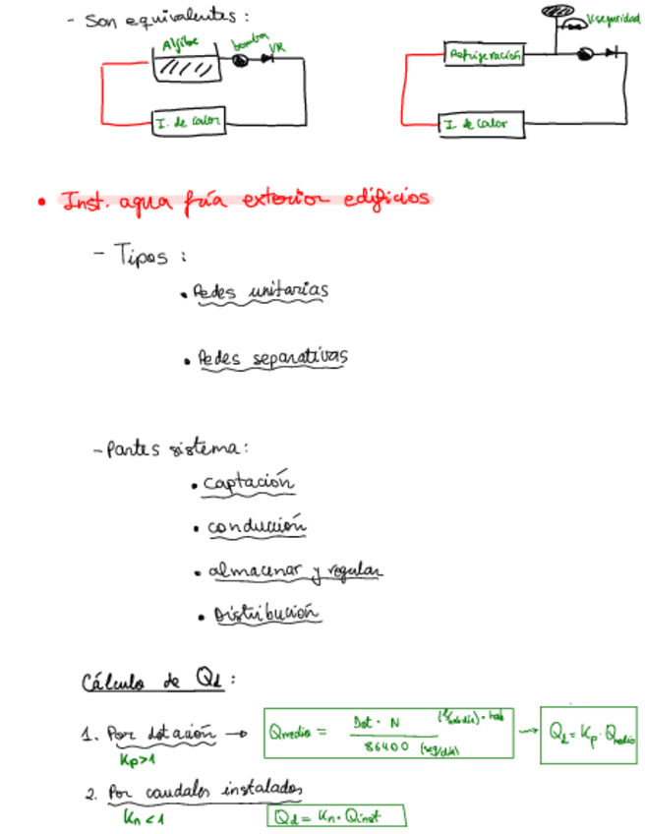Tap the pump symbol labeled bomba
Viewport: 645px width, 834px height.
[239, 59]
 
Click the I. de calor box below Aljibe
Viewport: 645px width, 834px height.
[189, 122]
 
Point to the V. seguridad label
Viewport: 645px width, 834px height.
[614, 19]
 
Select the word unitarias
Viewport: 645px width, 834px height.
[287, 290]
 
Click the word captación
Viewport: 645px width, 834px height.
[249, 483]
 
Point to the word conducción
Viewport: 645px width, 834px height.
[256, 527]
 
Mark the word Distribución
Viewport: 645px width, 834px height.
[267, 615]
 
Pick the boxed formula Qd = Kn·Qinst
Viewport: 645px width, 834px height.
[334, 816]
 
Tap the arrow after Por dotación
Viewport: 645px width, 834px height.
[236, 734]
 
